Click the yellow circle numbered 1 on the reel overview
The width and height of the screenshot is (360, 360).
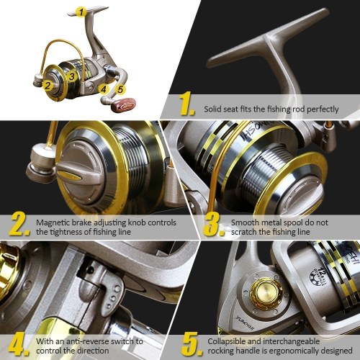[x=81, y=12]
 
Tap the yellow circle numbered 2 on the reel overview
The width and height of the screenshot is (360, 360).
[x=48, y=86]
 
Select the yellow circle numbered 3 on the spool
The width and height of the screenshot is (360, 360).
[x=72, y=76]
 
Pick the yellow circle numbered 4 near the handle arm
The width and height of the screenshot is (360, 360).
[x=104, y=89]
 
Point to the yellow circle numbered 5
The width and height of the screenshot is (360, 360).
[x=120, y=89]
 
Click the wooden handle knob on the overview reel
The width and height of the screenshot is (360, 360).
[x=125, y=104]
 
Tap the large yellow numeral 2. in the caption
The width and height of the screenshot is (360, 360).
[x=19, y=224]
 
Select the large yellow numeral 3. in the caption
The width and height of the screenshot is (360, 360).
[x=215, y=224]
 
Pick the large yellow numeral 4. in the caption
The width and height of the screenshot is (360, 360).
[x=19, y=343]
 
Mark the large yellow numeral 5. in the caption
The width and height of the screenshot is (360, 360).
[x=192, y=343]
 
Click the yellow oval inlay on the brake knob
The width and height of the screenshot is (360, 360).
[x=68, y=174]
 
